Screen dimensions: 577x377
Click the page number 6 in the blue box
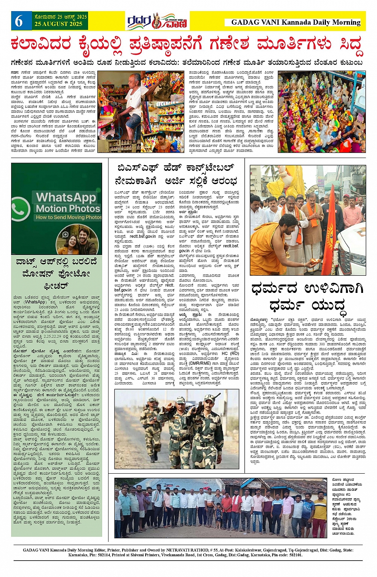click(19, 21)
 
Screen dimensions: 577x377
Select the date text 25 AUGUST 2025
click(58, 24)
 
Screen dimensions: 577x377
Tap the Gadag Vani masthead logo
click(158, 21)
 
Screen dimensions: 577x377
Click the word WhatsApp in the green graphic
click(66, 197)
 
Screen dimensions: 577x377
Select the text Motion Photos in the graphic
click(68, 209)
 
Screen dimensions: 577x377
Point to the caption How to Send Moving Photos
click(69, 217)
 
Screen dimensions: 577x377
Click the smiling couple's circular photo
click(78, 239)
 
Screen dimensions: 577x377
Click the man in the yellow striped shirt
click(319, 513)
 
